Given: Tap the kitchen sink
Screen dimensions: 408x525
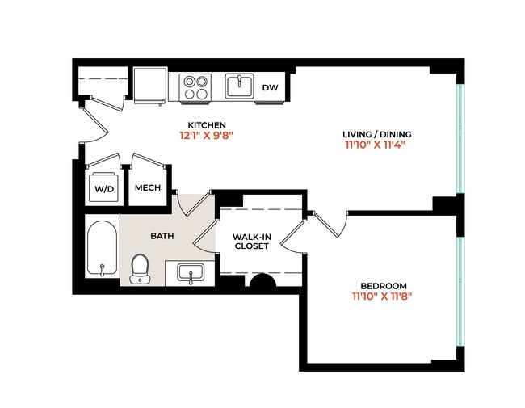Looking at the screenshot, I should coord(237,86).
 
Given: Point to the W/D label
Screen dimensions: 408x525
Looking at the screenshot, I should coord(104,188).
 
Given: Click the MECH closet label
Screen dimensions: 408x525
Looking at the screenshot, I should coord(147,188).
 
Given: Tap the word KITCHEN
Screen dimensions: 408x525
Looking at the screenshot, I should coord(206,124).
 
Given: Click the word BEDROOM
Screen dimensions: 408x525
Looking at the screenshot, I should coord(383,285).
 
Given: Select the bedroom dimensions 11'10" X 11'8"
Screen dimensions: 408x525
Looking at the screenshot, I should coord(383,297).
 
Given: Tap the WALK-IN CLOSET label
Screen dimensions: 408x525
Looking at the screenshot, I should coord(251,242).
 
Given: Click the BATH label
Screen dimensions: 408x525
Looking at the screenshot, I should coord(161,236).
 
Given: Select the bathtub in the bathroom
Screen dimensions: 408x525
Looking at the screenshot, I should coord(103,248).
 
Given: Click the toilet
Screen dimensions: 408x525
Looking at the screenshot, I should coord(140,267).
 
